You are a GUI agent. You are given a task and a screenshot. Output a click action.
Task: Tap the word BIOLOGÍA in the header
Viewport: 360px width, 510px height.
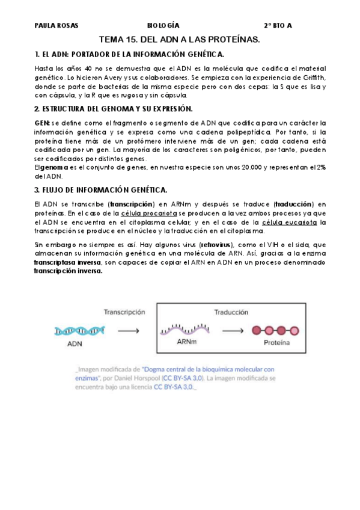(x=163, y=26)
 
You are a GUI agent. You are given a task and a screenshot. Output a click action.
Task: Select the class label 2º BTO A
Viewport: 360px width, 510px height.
(x=278, y=26)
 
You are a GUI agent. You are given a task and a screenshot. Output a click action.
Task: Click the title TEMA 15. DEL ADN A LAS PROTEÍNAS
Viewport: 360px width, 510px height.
(x=178, y=40)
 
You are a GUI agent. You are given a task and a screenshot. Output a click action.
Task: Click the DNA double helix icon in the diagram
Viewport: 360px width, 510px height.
(x=81, y=330)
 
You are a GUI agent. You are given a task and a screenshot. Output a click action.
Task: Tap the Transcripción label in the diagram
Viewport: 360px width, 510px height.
(x=124, y=313)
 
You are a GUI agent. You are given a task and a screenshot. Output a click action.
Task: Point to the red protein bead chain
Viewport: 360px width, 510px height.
(x=276, y=330)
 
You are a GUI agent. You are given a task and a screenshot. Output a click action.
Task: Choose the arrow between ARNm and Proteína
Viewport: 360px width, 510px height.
(x=233, y=330)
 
